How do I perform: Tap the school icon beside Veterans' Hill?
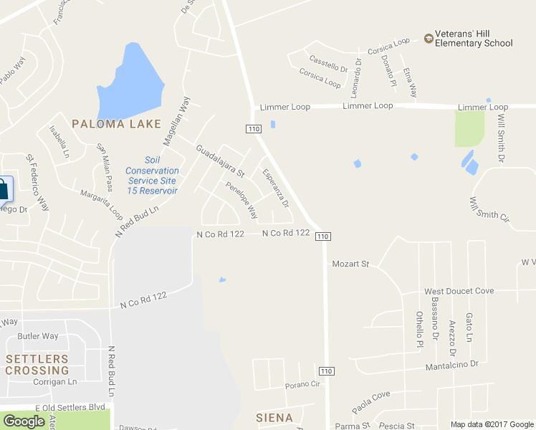pyautogui.click(x=429, y=38)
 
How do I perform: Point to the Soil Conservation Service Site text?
pyautogui.click(x=152, y=176)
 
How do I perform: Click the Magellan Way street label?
pyautogui.click(x=176, y=120)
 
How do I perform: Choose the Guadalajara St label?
pyautogui.click(x=221, y=161)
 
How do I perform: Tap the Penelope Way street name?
pyautogui.click(x=241, y=200)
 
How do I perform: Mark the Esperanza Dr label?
pyautogui.click(x=275, y=188)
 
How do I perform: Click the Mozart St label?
pyautogui.click(x=350, y=264)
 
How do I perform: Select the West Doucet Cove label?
pyautogui.click(x=459, y=292)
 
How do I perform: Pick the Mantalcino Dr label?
pyautogui.click(x=451, y=365)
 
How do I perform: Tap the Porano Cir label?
pyautogui.click(x=300, y=384)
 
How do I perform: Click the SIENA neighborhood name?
pyautogui.click(x=274, y=417)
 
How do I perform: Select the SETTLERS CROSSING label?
pyautogui.click(x=37, y=364)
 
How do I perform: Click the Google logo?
pyautogui.click(x=24, y=421)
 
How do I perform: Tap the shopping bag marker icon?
pyautogui.click(x=4, y=189)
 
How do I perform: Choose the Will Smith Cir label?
pyautogui.click(x=489, y=209)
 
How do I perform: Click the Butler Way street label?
pyautogui.click(x=38, y=336)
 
